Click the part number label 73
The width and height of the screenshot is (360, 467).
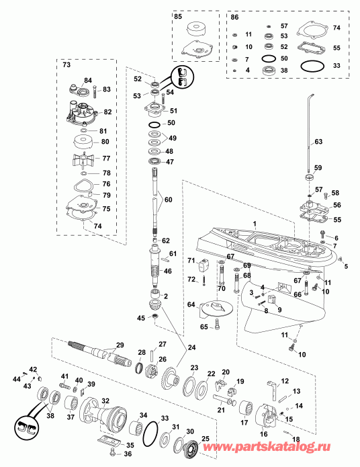(66, 67)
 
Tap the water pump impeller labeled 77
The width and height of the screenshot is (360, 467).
(85, 159)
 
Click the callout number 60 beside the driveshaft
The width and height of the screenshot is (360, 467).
(168, 200)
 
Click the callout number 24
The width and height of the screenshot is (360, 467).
(193, 347)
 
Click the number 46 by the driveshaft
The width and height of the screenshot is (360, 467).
(168, 271)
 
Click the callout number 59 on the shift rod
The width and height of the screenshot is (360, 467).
(318, 167)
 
